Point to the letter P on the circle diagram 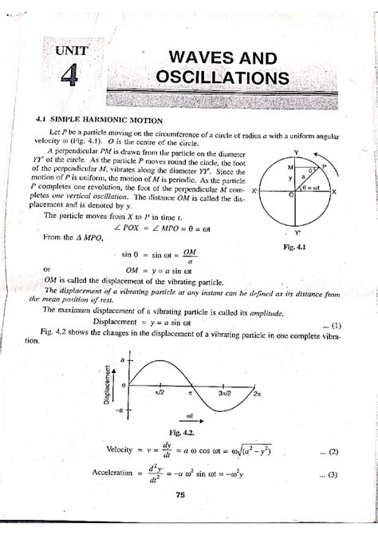click(x=325, y=165)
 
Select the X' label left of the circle click(x=254, y=192)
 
